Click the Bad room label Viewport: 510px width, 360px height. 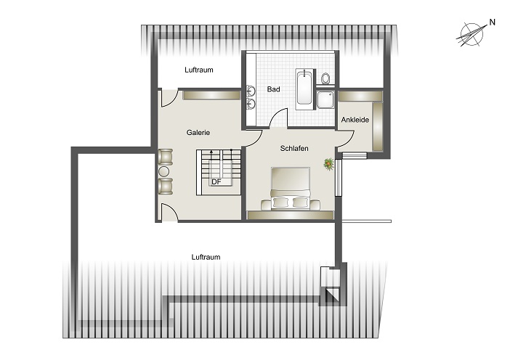[x=273, y=89]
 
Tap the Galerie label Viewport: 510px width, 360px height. [x=198, y=133]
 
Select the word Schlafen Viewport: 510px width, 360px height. [x=294, y=149]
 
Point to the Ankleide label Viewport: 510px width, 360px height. [x=355, y=120]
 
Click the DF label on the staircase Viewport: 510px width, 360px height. [x=216, y=182]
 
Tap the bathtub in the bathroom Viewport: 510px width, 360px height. [x=304, y=89]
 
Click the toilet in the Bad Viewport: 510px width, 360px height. [x=325, y=78]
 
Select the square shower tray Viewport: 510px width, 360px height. [x=325, y=99]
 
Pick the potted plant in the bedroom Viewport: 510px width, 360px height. [x=329, y=164]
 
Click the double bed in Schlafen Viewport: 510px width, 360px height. [x=290, y=189]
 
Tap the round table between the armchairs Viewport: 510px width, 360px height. [x=164, y=171]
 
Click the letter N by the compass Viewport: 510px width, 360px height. [x=492, y=22]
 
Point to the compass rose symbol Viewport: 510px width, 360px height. [x=471, y=34]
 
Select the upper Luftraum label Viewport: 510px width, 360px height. [x=199, y=70]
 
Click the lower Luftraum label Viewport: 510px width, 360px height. [x=206, y=258]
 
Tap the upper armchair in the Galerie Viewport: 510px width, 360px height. [x=165, y=157]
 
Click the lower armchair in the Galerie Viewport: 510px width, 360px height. [x=165, y=187]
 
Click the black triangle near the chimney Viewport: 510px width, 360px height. [x=335, y=294]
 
